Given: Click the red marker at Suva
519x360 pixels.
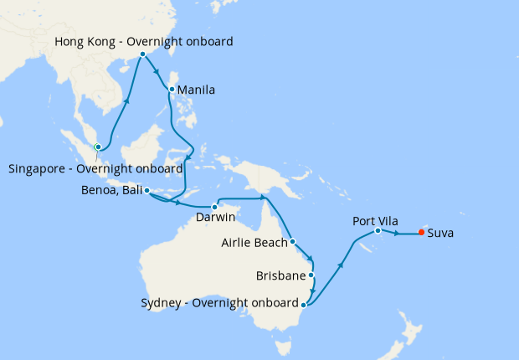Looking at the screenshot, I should pos(420,234).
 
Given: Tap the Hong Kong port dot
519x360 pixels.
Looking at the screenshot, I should pos(143,54).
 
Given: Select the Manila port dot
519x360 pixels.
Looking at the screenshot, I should pos(172,90).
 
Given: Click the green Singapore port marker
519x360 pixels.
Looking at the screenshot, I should pos(98,147).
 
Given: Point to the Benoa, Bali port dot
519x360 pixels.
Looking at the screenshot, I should pos(146,191).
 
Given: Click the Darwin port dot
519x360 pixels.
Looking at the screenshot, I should pos(214,206).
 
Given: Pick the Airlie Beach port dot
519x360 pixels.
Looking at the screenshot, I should pos(292,242).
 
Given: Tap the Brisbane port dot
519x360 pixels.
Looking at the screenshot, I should pos(311,275).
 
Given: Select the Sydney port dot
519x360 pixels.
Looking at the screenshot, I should pos(304,304).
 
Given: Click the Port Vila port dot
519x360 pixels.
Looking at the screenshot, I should pos(378,230).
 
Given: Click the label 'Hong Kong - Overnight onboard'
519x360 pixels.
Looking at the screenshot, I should pos(143,41).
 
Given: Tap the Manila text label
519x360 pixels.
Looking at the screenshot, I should pos(198,90).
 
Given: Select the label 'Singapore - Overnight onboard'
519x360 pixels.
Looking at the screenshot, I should pos(95,168).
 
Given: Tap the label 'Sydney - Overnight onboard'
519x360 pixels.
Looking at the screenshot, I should pos(220,303).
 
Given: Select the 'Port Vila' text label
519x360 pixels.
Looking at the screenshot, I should pos(375,220).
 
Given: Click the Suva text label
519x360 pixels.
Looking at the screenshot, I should pos(440,234).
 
